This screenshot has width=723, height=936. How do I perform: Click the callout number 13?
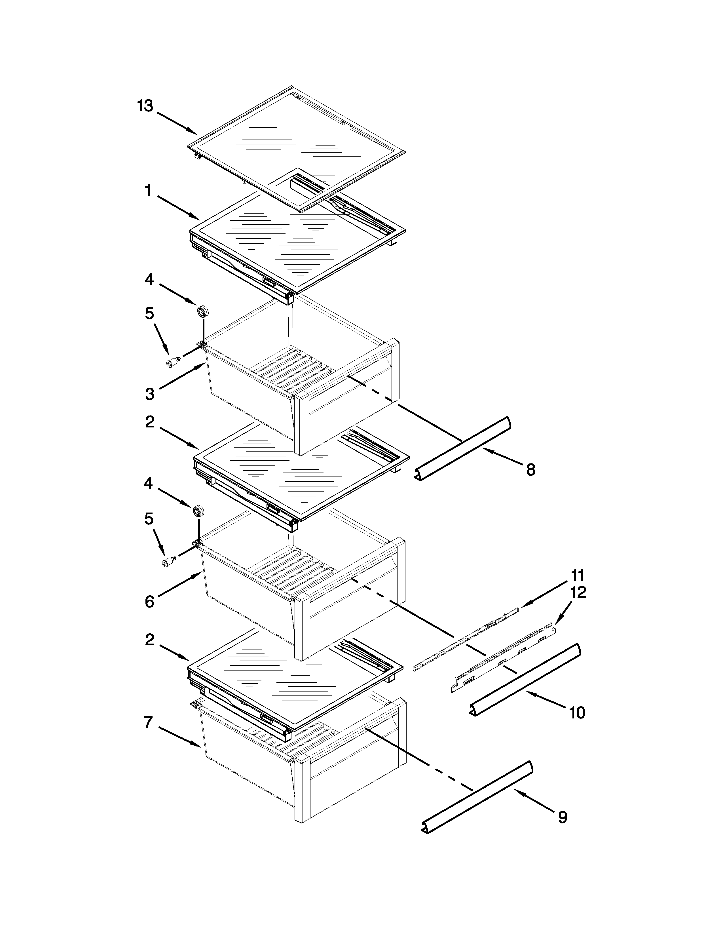[145, 106]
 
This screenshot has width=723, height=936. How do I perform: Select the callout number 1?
[148, 191]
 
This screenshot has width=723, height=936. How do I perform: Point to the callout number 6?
[149, 602]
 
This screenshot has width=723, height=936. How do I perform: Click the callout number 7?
[148, 723]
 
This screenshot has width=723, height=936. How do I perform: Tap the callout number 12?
[578, 593]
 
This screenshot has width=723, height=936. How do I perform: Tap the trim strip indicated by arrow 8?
[465, 448]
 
